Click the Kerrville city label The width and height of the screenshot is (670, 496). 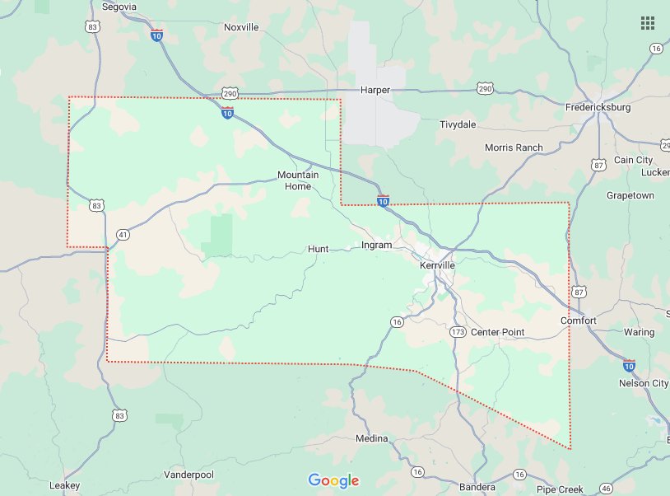pyautogui.click(x=437, y=265)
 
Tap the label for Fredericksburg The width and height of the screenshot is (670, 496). pyautogui.click(x=598, y=107)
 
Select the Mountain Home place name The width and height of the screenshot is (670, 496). pyautogui.click(x=294, y=180)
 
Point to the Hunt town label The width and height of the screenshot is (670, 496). pyautogui.click(x=318, y=248)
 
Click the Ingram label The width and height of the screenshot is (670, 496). pyautogui.click(x=377, y=245)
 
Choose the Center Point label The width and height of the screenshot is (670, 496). pyautogui.click(x=497, y=332)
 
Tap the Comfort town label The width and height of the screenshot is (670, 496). pyautogui.click(x=578, y=320)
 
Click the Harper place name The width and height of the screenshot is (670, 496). pyautogui.click(x=375, y=89)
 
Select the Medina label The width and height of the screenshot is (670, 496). pyautogui.click(x=371, y=438)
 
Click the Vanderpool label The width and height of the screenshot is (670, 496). pyautogui.click(x=188, y=475)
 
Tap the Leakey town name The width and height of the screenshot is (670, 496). pyautogui.click(x=64, y=484)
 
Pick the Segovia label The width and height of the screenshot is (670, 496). pyautogui.click(x=119, y=7)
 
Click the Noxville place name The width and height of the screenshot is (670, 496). pyautogui.click(x=241, y=27)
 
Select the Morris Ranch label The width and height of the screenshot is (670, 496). pyautogui.click(x=514, y=147)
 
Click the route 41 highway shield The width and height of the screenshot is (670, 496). pyautogui.click(x=122, y=234)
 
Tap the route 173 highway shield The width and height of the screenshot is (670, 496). pyautogui.click(x=458, y=332)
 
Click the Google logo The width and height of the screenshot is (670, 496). pyautogui.click(x=334, y=480)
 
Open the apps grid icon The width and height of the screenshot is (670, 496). pyautogui.click(x=648, y=23)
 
